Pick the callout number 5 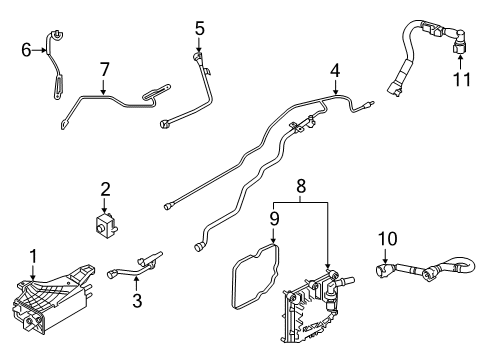pyautogui.click(x=199, y=27)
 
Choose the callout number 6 pyautogui.click(x=26, y=48)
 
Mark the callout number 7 pyautogui.click(x=103, y=69)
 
